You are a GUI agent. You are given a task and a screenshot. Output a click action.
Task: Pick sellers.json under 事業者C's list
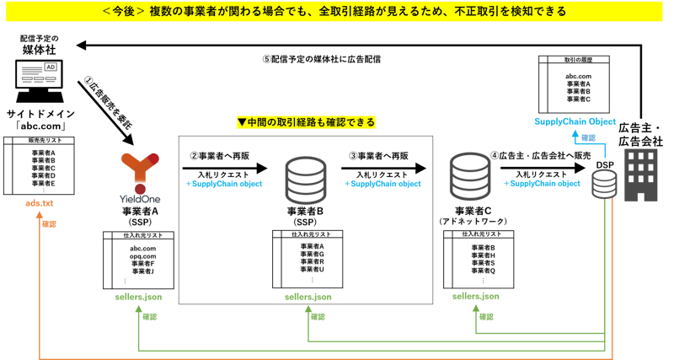click(477, 297)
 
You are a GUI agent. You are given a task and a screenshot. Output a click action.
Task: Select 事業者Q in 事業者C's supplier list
click(483, 271)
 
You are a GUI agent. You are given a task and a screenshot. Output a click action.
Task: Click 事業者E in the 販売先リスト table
click(43, 183)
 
